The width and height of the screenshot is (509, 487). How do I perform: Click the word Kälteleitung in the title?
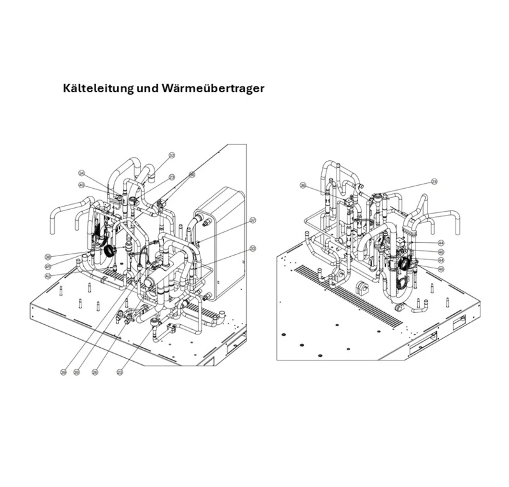[97, 88]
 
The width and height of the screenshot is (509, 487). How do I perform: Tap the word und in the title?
[148, 88]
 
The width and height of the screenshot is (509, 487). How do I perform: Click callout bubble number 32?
[172, 155]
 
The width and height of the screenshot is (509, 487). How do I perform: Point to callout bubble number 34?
[81, 173]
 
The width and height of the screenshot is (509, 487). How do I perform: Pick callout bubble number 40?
[81, 185]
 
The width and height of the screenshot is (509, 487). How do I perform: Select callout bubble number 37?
[253, 220]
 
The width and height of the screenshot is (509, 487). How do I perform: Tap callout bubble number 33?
[253, 249]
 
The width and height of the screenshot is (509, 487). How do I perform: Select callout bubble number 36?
[303, 186]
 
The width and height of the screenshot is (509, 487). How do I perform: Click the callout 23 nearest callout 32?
[172, 177]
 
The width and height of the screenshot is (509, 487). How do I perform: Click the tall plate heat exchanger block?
[220, 242]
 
